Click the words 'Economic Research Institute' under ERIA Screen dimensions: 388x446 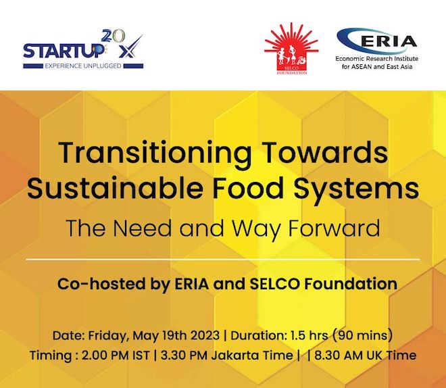pyautogui.click(x=378, y=59)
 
